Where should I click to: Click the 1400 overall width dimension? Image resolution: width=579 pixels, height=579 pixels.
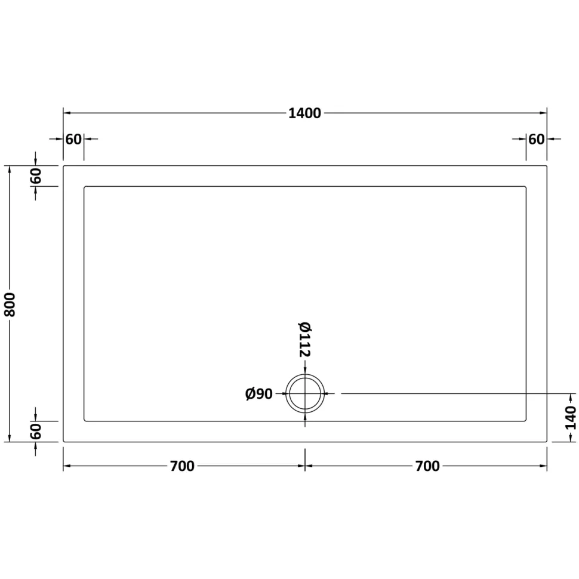tap(304, 113)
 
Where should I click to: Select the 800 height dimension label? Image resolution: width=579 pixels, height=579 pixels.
tap(10, 304)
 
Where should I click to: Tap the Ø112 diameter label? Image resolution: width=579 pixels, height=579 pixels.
tap(304, 340)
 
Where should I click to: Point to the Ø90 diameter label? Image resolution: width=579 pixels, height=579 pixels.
tap(259, 394)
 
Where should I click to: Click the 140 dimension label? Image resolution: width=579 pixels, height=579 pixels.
tap(571, 418)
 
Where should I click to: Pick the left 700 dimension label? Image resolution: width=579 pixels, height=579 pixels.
tap(182, 466)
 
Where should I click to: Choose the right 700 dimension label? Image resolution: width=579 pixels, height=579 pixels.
tap(427, 466)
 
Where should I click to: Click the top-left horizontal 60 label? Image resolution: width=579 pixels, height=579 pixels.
tap(73, 139)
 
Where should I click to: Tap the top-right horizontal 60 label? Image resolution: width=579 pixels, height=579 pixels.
tap(537, 139)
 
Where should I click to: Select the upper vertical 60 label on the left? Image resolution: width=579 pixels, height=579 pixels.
tap(36, 175)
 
